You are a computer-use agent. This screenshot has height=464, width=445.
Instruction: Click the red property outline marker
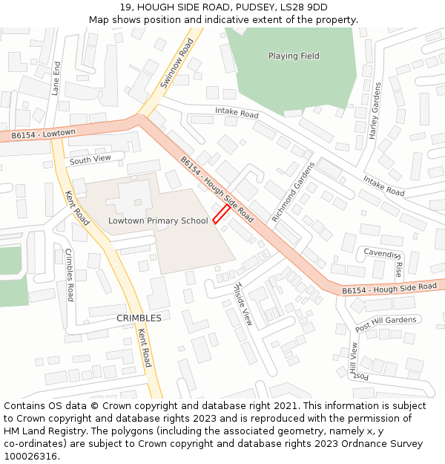coord(221,215)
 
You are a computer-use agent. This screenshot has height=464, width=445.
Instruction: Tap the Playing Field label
coord(294,56)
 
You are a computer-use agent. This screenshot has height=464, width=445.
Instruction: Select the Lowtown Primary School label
coord(158,220)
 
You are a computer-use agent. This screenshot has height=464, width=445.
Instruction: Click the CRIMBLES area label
coord(139,318)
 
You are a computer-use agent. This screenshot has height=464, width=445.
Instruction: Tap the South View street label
coord(90,160)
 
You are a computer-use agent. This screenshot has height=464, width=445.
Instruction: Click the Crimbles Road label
coord(70,275)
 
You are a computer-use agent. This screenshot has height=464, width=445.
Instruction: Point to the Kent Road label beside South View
coord(78,208)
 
